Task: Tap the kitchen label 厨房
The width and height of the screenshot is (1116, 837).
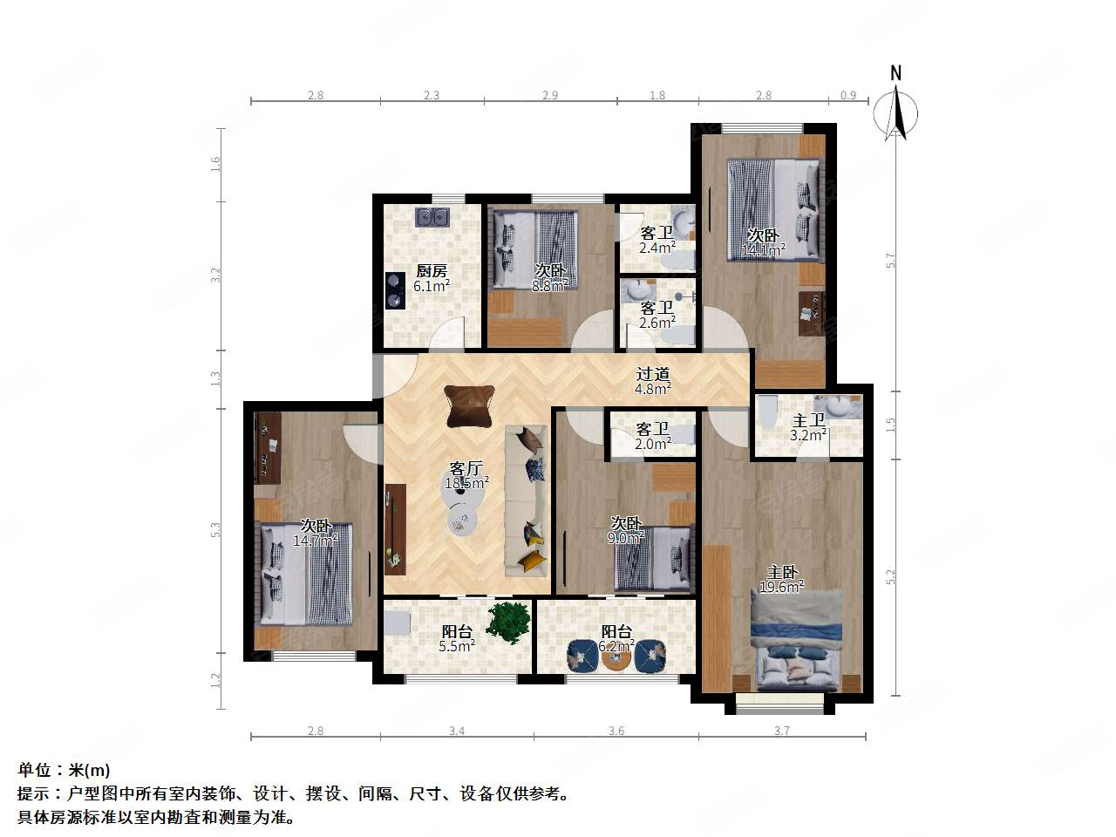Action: point(432,271)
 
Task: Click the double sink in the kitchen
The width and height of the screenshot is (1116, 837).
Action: point(432,216)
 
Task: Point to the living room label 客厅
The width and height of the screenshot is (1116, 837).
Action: point(466,467)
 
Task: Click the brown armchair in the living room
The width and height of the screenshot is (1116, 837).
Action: point(468,405)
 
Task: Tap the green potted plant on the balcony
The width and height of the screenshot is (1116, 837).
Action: point(508,622)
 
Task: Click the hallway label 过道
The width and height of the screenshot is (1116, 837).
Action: point(652,375)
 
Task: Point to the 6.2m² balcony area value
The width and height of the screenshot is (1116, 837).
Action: point(616,646)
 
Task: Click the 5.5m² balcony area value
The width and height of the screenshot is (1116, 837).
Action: point(457,646)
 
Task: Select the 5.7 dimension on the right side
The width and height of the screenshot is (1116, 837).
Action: point(890,260)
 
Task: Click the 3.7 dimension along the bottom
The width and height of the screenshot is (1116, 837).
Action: point(781,731)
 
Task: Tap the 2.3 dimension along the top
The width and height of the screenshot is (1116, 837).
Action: point(431,95)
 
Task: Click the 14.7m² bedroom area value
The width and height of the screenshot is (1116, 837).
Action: point(315,541)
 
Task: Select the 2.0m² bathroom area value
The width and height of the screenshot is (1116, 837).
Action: point(653,443)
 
